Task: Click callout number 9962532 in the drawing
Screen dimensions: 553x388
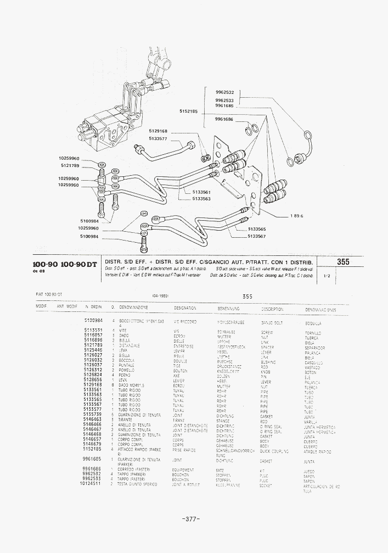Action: [225, 92]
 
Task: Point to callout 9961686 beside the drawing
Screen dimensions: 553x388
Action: [224, 119]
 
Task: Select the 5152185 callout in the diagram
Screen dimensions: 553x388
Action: [189, 111]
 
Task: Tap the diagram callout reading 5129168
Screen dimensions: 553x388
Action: [158, 131]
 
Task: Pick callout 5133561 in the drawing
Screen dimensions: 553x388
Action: [201, 192]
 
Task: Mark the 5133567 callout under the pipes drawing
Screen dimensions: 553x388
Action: [256, 236]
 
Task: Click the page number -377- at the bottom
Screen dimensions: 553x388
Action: [190, 518]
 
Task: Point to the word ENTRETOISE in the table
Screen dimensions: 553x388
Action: [183, 346]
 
